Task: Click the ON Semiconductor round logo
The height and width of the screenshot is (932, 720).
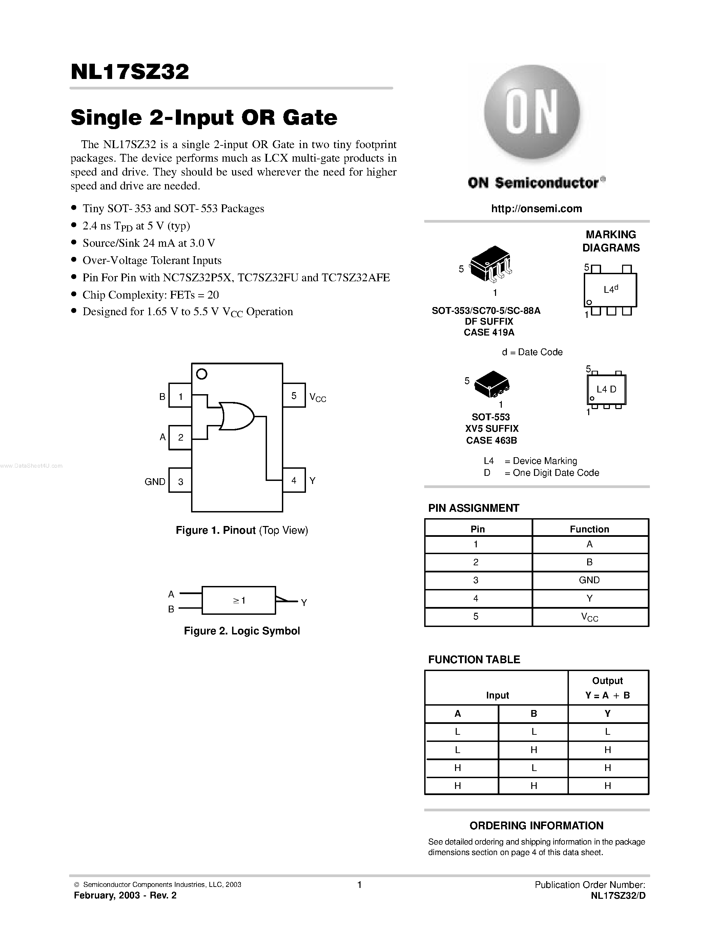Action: click(532, 112)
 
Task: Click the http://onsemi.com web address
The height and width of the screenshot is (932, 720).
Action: click(536, 209)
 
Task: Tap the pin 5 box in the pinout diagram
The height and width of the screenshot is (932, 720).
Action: click(294, 396)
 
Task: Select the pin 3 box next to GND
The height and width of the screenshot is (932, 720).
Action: click(181, 481)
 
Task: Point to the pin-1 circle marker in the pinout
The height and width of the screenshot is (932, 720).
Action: click(201, 374)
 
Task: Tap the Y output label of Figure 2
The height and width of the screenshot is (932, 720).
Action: click(304, 603)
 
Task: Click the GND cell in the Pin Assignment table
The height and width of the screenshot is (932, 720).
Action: click(590, 580)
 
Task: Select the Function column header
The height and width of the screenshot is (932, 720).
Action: click(590, 529)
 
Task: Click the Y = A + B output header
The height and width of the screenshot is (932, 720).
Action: click(608, 695)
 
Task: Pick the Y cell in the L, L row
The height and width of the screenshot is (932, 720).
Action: click(608, 731)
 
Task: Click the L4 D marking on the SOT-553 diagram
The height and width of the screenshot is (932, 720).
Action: click(606, 389)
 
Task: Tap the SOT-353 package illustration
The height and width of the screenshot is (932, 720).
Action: click(491, 263)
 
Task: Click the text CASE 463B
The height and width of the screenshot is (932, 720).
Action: click(491, 440)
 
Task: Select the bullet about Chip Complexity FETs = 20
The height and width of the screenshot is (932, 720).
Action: click(150, 295)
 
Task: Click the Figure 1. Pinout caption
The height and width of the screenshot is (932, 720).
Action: click(242, 530)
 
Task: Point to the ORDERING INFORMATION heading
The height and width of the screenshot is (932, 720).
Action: click(536, 825)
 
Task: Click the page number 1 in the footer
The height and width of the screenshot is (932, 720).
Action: click(359, 885)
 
